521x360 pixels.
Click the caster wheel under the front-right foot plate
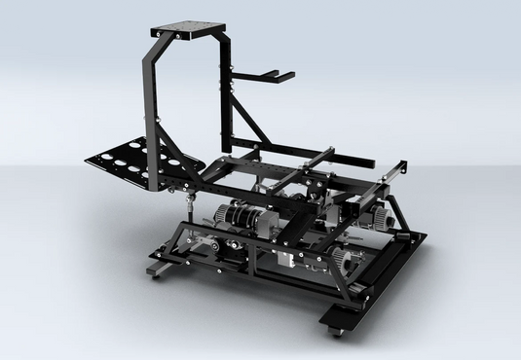(x=338, y=332)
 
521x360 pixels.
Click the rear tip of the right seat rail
(x=399, y=164)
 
